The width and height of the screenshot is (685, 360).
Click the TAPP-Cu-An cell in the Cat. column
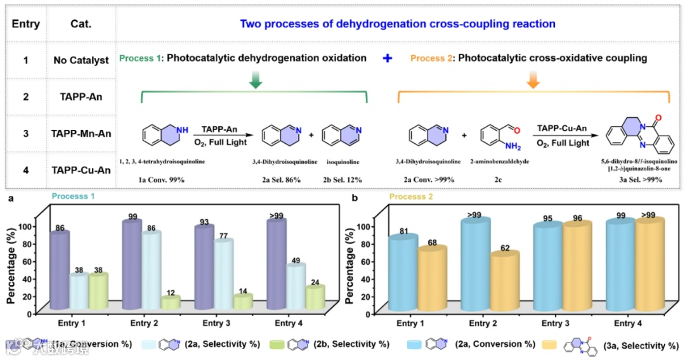coord(81,170)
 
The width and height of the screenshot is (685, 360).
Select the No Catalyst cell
coord(81,61)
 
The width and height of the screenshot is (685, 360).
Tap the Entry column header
coord(26,25)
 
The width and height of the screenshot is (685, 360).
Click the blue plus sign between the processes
coord(388,58)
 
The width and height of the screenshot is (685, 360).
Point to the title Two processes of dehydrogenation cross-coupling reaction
coord(398,24)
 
